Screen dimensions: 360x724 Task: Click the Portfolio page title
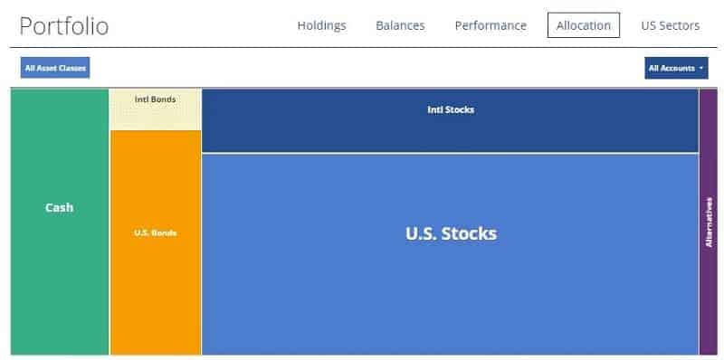tap(63, 26)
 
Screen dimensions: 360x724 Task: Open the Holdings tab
tap(321, 25)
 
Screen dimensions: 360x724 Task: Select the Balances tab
tap(400, 25)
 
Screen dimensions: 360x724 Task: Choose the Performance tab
tap(490, 25)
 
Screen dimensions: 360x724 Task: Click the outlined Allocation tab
tap(583, 25)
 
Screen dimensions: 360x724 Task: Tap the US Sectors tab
tap(670, 25)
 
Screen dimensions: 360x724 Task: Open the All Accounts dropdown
tap(675, 68)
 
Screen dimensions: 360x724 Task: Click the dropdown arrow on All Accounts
tap(701, 69)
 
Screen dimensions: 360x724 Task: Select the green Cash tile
tap(60, 271)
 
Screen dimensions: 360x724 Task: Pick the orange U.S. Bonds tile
tap(155, 289)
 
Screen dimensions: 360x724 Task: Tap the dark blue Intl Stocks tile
tap(450, 131)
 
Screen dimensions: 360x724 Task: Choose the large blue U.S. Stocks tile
tap(450, 289)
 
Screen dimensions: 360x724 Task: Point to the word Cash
tap(60, 207)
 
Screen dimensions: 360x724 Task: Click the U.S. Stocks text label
tap(451, 233)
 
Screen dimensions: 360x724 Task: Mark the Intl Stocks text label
tap(450, 109)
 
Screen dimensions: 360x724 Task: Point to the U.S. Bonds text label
tap(155, 232)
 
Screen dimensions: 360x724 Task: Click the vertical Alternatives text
tap(709, 222)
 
